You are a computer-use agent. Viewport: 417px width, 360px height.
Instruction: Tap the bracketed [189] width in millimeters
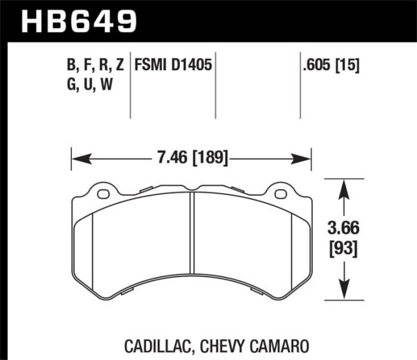tap(209, 159)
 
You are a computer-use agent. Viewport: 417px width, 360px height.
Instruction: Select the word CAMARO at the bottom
tap(284, 345)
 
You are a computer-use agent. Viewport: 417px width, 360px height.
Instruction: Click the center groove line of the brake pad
tap(192, 238)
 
